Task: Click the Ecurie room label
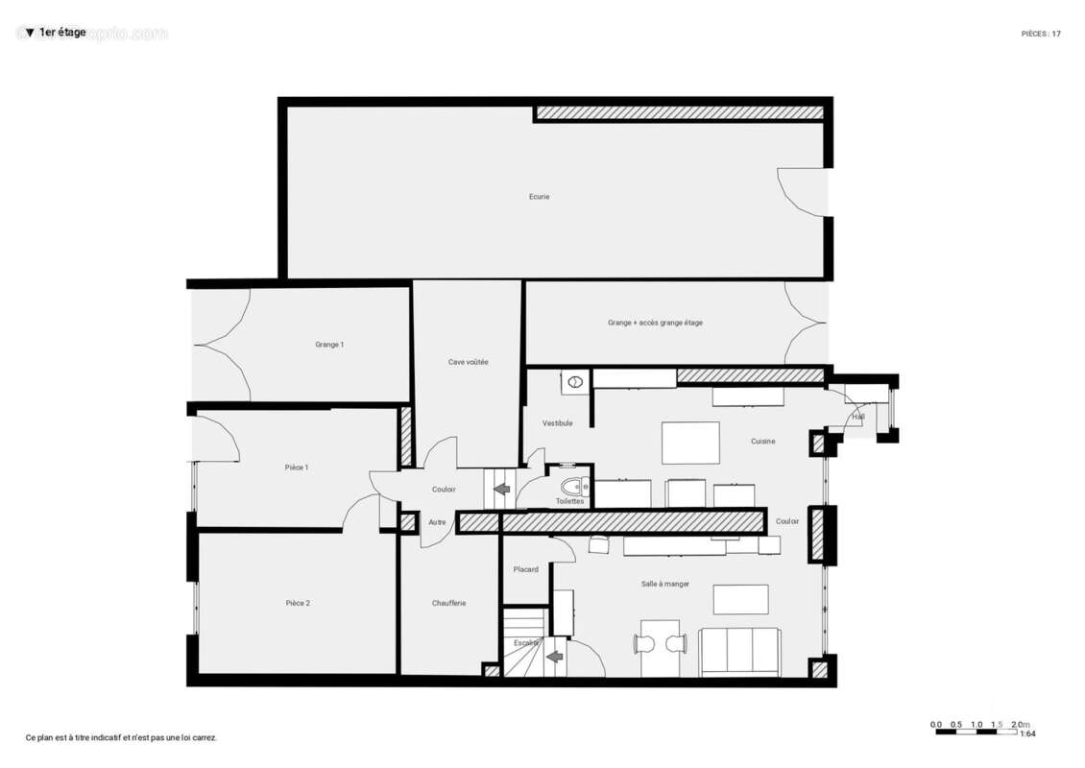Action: (x=539, y=197)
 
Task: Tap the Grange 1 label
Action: (x=329, y=345)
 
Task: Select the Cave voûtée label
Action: (x=469, y=362)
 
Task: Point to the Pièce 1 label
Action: (x=297, y=468)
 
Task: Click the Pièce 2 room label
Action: (x=298, y=603)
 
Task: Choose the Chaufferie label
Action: (x=448, y=603)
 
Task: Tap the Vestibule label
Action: (x=557, y=423)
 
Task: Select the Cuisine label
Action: (x=762, y=442)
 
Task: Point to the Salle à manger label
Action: (x=665, y=584)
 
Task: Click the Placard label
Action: (x=525, y=569)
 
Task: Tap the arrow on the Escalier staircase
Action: (x=554, y=658)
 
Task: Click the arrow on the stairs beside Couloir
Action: (x=501, y=489)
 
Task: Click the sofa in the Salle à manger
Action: (x=739, y=652)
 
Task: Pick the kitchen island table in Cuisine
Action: (x=690, y=443)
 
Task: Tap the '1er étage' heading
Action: (x=61, y=33)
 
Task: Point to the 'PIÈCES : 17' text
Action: (x=1041, y=34)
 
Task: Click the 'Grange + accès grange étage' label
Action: (x=655, y=323)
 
